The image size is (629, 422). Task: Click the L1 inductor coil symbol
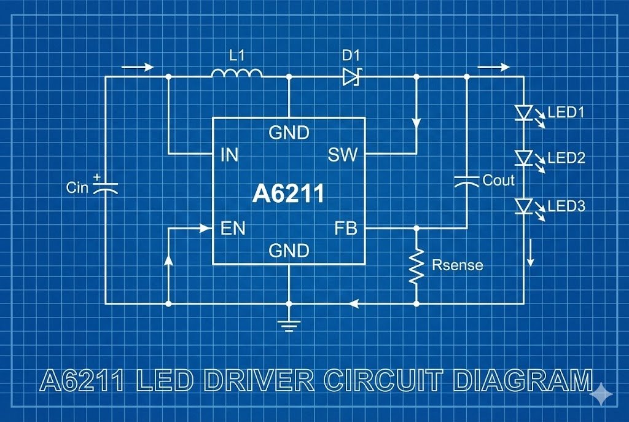236,74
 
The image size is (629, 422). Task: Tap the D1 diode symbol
351,77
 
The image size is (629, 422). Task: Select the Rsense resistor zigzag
416,265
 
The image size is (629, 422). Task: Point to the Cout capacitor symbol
466,181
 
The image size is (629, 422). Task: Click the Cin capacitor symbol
104,186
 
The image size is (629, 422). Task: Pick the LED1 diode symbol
523,112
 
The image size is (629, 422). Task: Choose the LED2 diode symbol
523,158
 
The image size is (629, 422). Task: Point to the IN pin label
229,155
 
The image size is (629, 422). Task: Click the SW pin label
342,155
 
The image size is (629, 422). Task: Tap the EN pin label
233,229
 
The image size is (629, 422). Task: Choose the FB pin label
345,229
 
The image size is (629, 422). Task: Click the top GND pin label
289,133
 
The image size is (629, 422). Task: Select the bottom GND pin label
289,251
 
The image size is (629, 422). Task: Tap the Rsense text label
457,265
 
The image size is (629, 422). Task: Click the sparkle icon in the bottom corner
602,394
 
